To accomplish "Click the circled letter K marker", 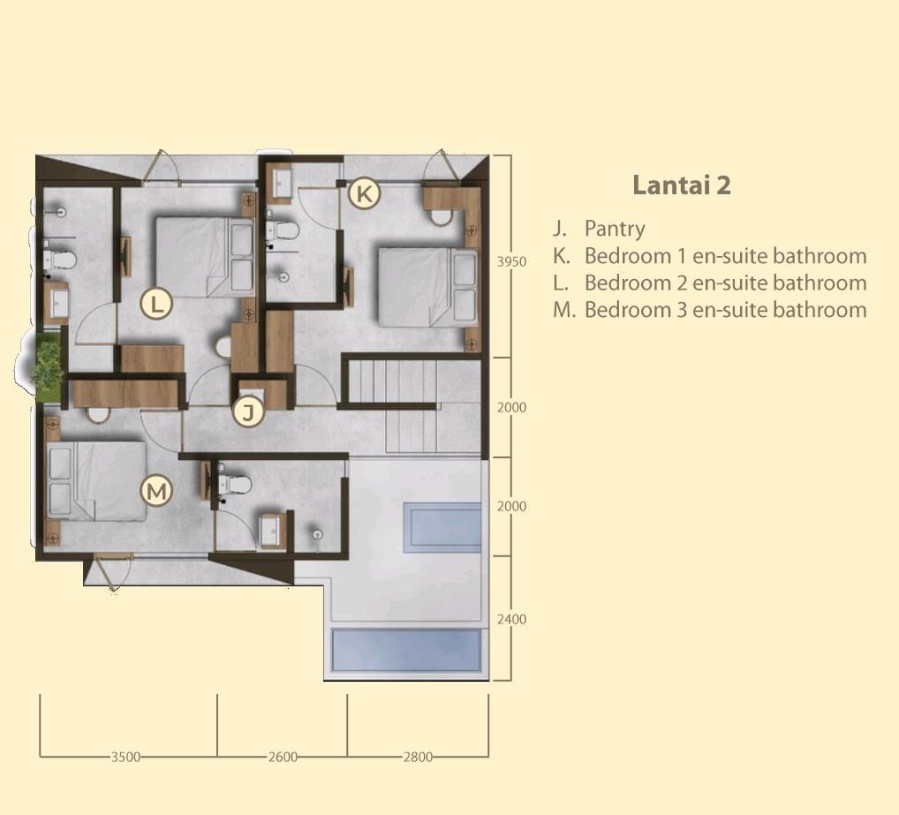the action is (364, 193).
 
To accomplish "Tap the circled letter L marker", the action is (156, 303).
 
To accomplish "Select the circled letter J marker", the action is (248, 411).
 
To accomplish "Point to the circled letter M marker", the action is (156, 491).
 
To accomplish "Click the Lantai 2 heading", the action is (682, 185).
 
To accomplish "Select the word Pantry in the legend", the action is (615, 229).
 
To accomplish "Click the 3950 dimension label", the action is (511, 261).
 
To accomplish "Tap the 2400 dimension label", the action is (511, 619).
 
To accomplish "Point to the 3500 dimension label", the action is (125, 757).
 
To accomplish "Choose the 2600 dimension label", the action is (283, 757).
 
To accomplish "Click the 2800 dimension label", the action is (418, 757).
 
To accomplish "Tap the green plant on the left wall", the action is (47, 366).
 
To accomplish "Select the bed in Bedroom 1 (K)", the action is (427, 287).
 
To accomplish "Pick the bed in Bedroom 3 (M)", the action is (96, 481).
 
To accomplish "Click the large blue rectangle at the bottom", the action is (406, 650).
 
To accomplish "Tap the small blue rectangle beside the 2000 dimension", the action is (442, 527).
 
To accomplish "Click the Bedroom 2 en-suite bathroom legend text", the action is (725, 283).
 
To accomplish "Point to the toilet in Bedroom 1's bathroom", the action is (283, 231).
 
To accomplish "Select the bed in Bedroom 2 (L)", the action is (205, 257).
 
